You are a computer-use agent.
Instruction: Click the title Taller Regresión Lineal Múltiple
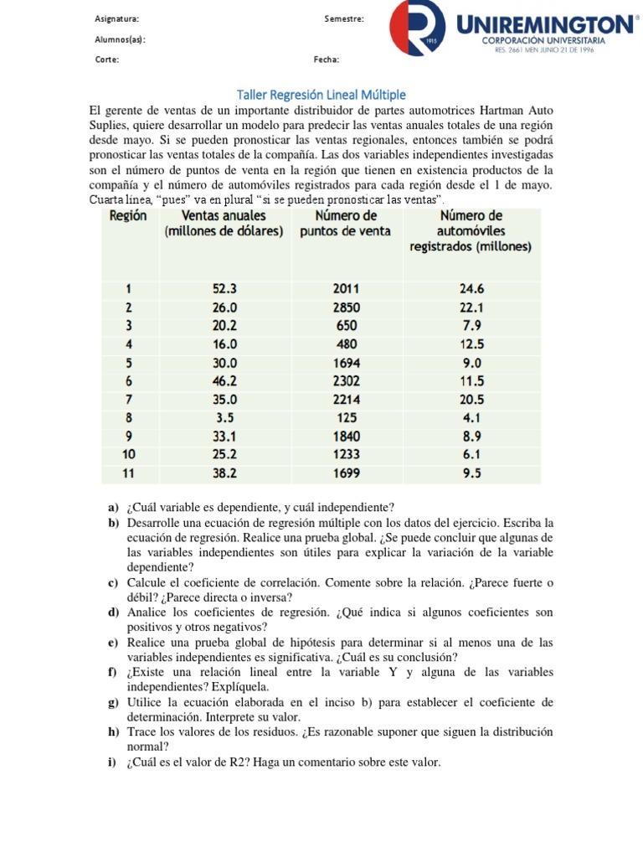[x=321, y=95]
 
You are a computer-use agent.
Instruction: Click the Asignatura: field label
[x=117, y=18]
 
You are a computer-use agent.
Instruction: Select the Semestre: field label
[x=343, y=18]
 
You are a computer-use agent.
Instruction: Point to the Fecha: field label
[x=327, y=59]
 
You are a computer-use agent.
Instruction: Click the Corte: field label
[x=107, y=59]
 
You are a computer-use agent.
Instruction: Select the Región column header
[x=127, y=215]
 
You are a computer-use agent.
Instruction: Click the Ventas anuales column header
[x=224, y=223]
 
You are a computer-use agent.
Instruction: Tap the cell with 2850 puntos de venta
[x=346, y=308]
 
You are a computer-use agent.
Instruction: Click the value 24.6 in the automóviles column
[x=471, y=289]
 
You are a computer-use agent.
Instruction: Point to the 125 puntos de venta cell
[x=346, y=418]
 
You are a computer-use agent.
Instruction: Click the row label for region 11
[x=128, y=473]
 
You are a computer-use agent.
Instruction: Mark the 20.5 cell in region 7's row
[x=471, y=400]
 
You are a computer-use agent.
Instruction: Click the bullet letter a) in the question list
[x=113, y=508]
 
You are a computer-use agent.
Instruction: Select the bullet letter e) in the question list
[x=113, y=643]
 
